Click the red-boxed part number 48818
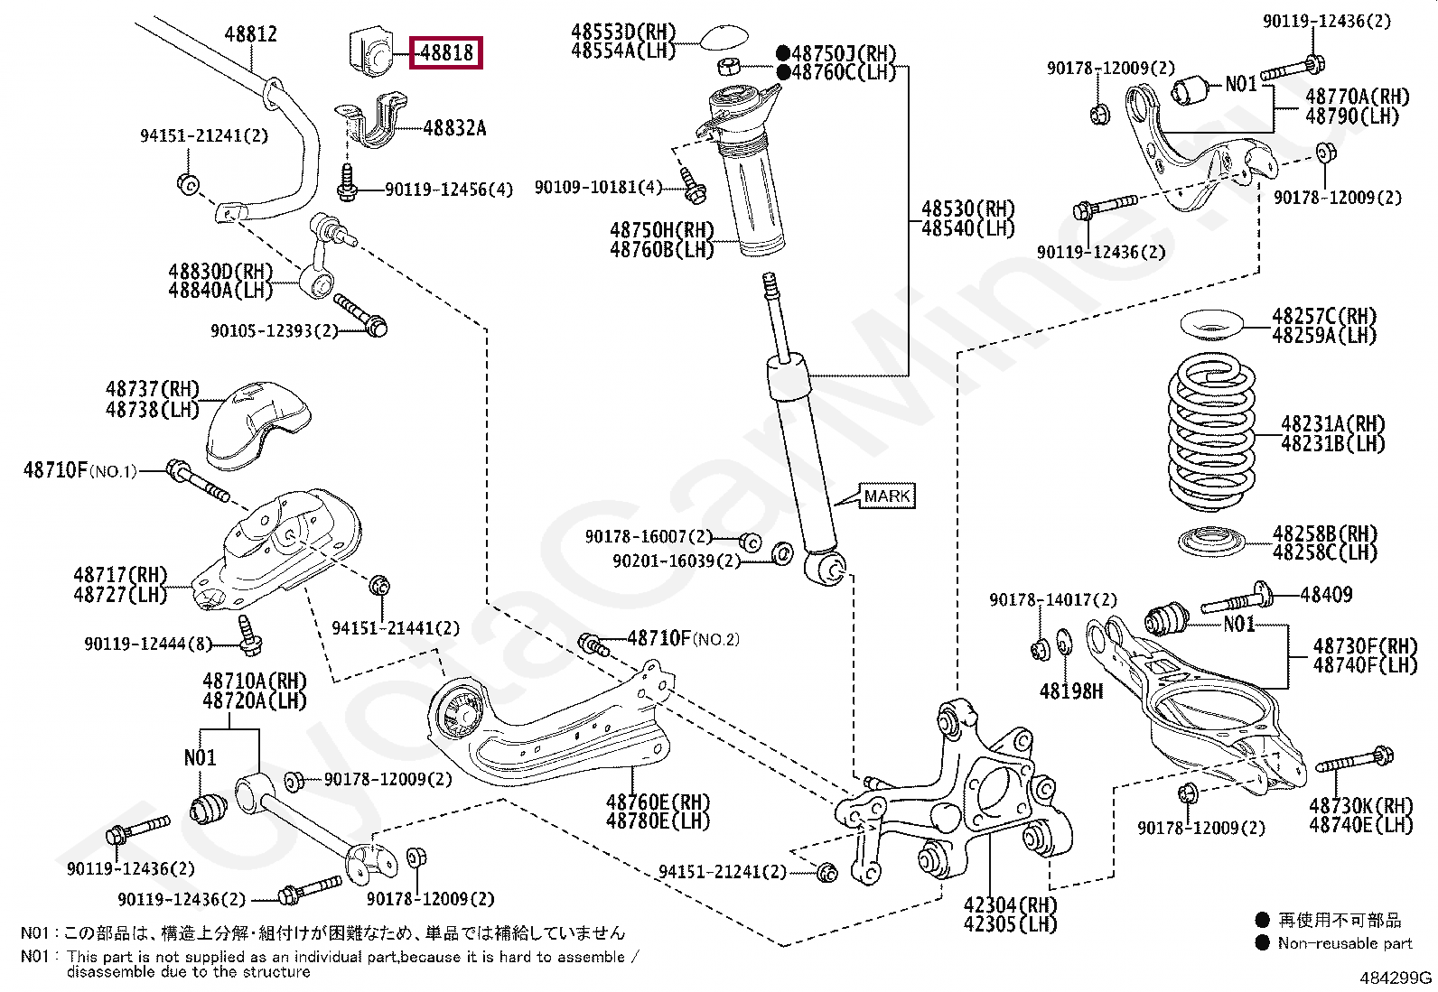(x=446, y=52)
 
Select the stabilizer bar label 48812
(x=251, y=34)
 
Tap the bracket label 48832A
(x=454, y=128)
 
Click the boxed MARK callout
(x=887, y=496)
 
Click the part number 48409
(x=1326, y=595)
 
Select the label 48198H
(x=1071, y=691)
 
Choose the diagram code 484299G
(x=1396, y=978)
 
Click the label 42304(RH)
(x=1010, y=905)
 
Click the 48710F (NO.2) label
(x=683, y=638)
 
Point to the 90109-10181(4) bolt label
(x=598, y=187)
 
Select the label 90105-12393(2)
(x=274, y=331)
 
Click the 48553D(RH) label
(x=623, y=32)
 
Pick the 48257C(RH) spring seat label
(x=1324, y=316)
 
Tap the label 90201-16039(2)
(x=676, y=561)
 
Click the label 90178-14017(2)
(x=1053, y=600)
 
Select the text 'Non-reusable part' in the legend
(x=1345, y=943)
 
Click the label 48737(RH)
(x=153, y=389)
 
